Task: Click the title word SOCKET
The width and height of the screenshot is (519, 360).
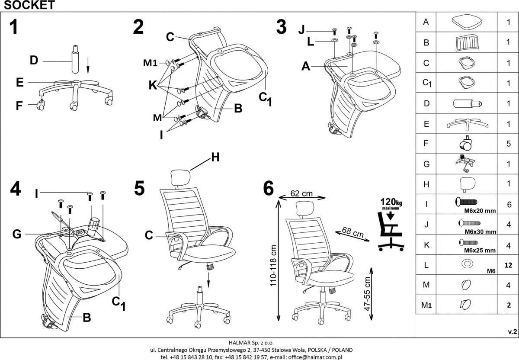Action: click(x=28, y=5)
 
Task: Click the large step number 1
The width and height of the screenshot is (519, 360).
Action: click(x=14, y=27)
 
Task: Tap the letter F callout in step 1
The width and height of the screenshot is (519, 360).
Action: click(x=19, y=106)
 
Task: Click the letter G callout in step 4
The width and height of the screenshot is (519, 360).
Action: click(x=17, y=234)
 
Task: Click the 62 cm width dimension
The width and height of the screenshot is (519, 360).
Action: click(x=301, y=194)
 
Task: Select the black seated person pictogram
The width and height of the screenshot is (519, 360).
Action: click(x=391, y=234)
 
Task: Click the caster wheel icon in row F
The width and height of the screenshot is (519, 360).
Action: click(x=466, y=143)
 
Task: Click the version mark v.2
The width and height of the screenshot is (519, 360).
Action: click(x=512, y=331)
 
